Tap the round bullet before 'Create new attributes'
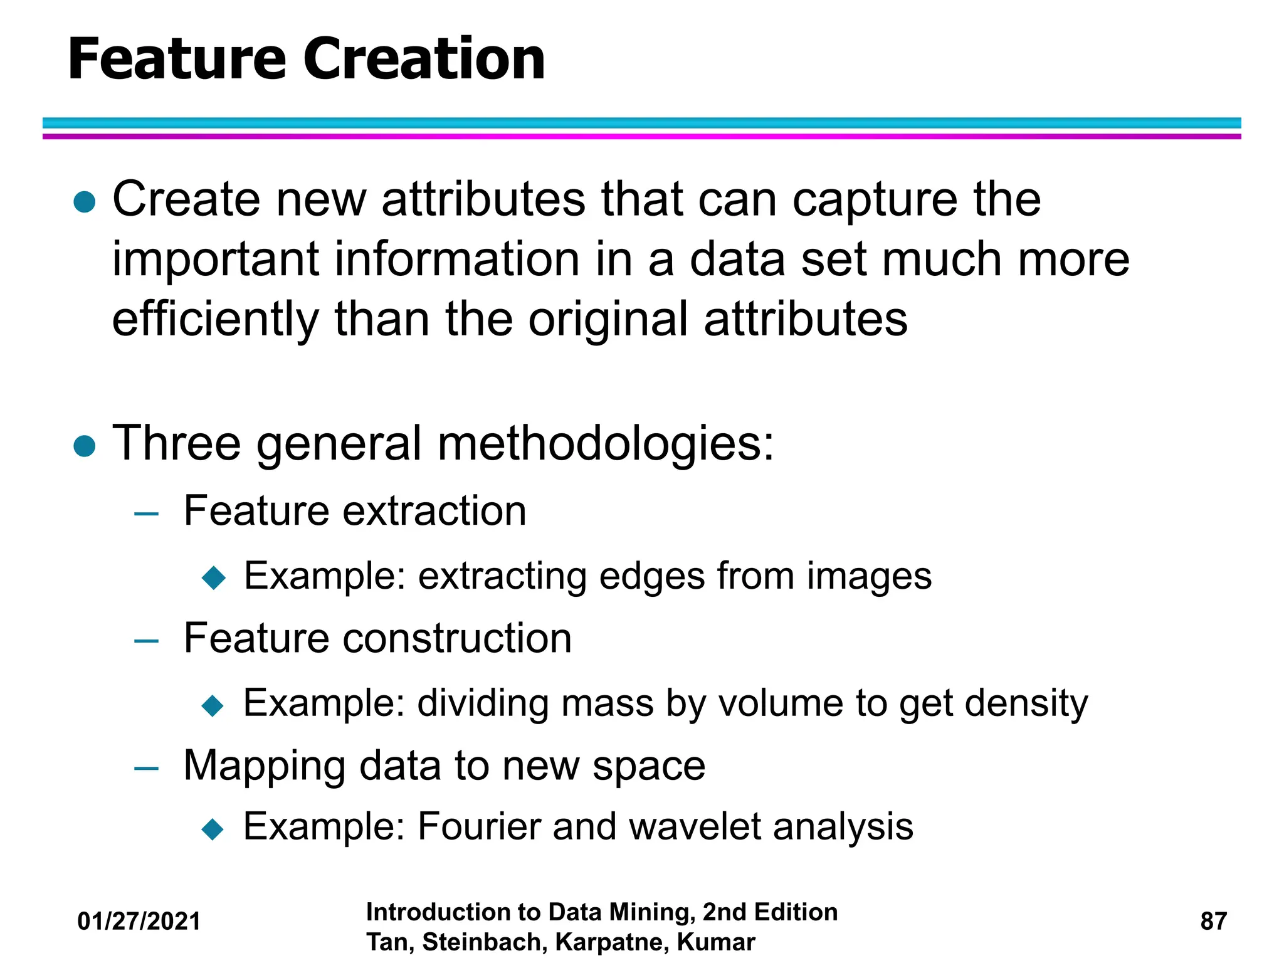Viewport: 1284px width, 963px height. tap(85, 203)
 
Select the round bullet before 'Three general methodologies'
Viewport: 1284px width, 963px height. tap(85, 446)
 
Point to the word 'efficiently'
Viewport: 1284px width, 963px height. tap(215, 320)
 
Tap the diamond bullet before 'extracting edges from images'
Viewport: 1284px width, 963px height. tap(214, 577)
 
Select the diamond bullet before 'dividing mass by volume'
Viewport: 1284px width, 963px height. tap(213, 705)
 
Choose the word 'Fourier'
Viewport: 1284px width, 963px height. tap(478, 826)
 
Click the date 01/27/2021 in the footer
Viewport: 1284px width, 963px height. tap(139, 921)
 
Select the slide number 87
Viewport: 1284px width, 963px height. tap(1213, 921)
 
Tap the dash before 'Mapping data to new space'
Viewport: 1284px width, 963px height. tap(146, 768)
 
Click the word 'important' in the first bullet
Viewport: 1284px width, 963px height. tap(216, 260)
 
